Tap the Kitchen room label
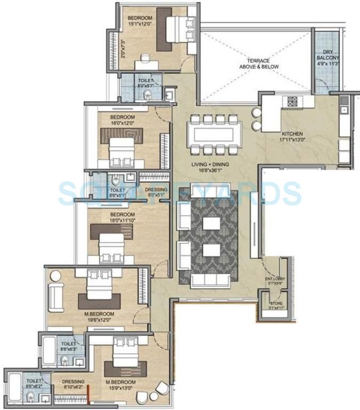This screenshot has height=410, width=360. click(x=293, y=133)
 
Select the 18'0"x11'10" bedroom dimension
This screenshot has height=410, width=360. click(x=123, y=218)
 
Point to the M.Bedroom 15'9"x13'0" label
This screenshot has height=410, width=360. click(x=120, y=385)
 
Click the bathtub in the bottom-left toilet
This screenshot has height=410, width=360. click(x=14, y=389)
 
